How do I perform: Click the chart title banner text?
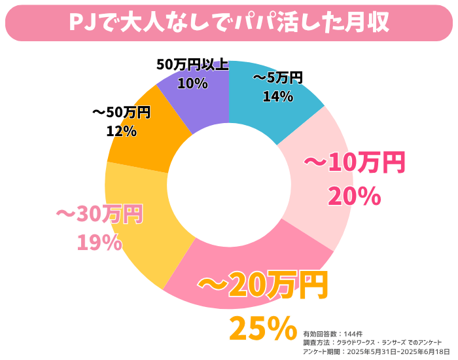[229, 22]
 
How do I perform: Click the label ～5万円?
[277, 79]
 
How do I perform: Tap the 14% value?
[277, 96]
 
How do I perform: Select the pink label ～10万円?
[354, 164]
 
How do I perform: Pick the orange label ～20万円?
[262, 285]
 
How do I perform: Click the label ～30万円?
[99, 214]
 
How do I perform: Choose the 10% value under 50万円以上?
[192, 83]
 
